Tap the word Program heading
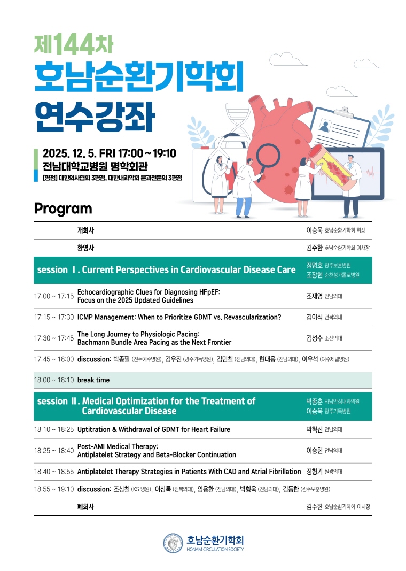click(63, 209)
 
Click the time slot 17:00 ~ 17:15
click(53, 296)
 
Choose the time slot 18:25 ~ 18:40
click(53, 451)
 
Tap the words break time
click(93, 380)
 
